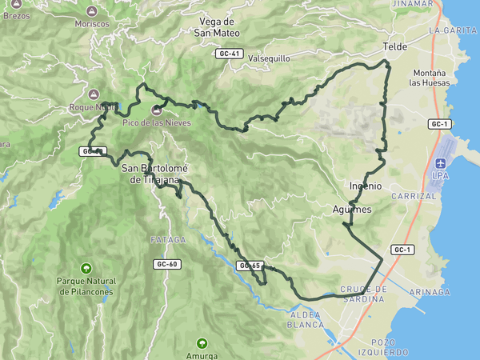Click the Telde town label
(x=395, y=47)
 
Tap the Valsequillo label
(x=269, y=58)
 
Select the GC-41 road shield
(x=229, y=54)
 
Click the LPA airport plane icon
(x=440, y=162)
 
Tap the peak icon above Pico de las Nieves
(x=155, y=110)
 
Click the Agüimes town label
(x=352, y=210)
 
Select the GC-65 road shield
(x=250, y=266)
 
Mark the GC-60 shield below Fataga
(x=166, y=263)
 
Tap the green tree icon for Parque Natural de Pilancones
(x=86, y=267)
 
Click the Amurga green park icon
(x=202, y=342)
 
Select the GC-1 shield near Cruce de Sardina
(x=402, y=250)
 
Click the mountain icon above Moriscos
(x=91, y=11)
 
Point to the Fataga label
(x=168, y=240)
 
